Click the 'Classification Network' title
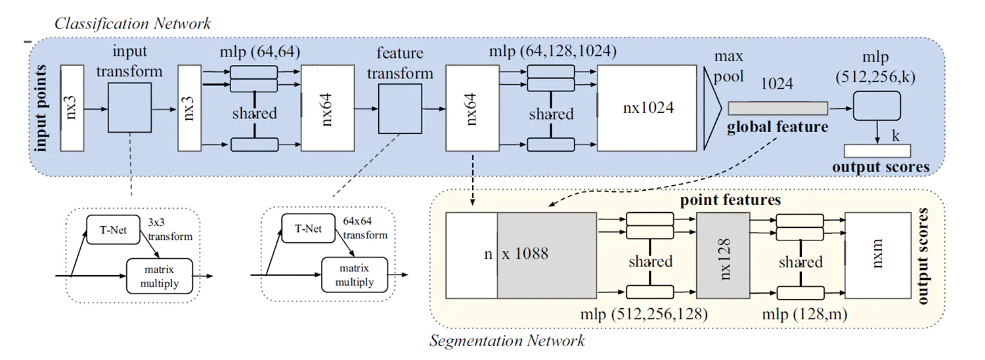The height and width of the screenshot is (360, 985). click(x=133, y=24)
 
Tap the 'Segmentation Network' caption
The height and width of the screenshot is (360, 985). click(x=507, y=341)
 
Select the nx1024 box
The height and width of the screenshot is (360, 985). click(x=647, y=107)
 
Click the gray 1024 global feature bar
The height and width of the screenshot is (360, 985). click(x=777, y=108)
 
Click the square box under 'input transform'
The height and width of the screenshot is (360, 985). click(x=129, y=107)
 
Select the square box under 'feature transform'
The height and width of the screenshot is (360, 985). click(x=399, y=107)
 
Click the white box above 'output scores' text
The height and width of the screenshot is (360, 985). click(x=877, y=150)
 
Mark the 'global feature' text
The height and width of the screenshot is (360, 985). click(x=777, y=127)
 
